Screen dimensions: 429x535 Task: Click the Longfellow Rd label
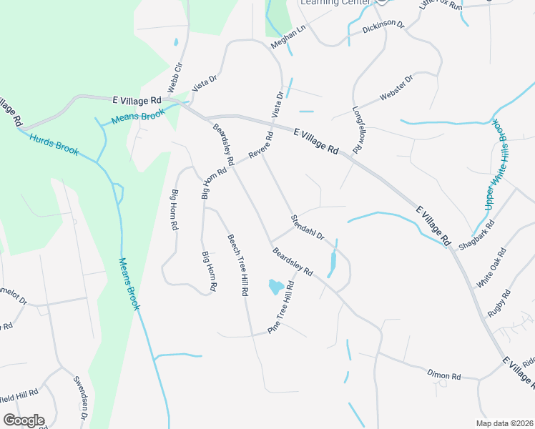click(358, 128)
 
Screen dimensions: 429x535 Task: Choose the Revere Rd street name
click(261, 145)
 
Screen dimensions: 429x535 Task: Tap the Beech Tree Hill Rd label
click(238, 265)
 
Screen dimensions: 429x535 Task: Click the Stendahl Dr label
click(307, 227)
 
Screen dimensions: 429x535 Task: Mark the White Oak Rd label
click(491, 268)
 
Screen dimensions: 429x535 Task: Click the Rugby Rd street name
click(499, 303)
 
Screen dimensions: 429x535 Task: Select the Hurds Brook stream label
click(54, 144)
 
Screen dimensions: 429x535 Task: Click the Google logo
click(24, 420)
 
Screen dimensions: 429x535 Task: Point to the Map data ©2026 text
click(504, 423)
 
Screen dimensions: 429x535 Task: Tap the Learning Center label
click(336, 3)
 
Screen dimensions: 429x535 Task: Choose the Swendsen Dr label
click(80, 398)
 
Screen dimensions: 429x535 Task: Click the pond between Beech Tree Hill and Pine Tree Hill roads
click(275, 287)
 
